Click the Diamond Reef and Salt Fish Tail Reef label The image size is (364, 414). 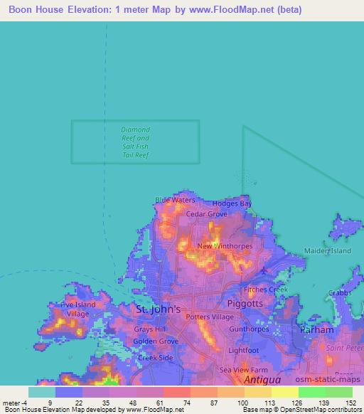coord(135,142)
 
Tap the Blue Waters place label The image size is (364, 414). coord(175,201)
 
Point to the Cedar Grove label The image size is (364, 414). coord(206,213)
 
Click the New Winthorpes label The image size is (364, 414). coord(218,246)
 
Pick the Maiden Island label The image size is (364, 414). coord(328,251)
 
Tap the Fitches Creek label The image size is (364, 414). coord(265,290)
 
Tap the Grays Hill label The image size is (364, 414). coord(149,329)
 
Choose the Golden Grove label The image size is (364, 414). coord(151,341)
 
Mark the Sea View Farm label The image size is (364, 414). coord(242,370)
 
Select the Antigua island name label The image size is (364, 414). coord(262,381)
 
